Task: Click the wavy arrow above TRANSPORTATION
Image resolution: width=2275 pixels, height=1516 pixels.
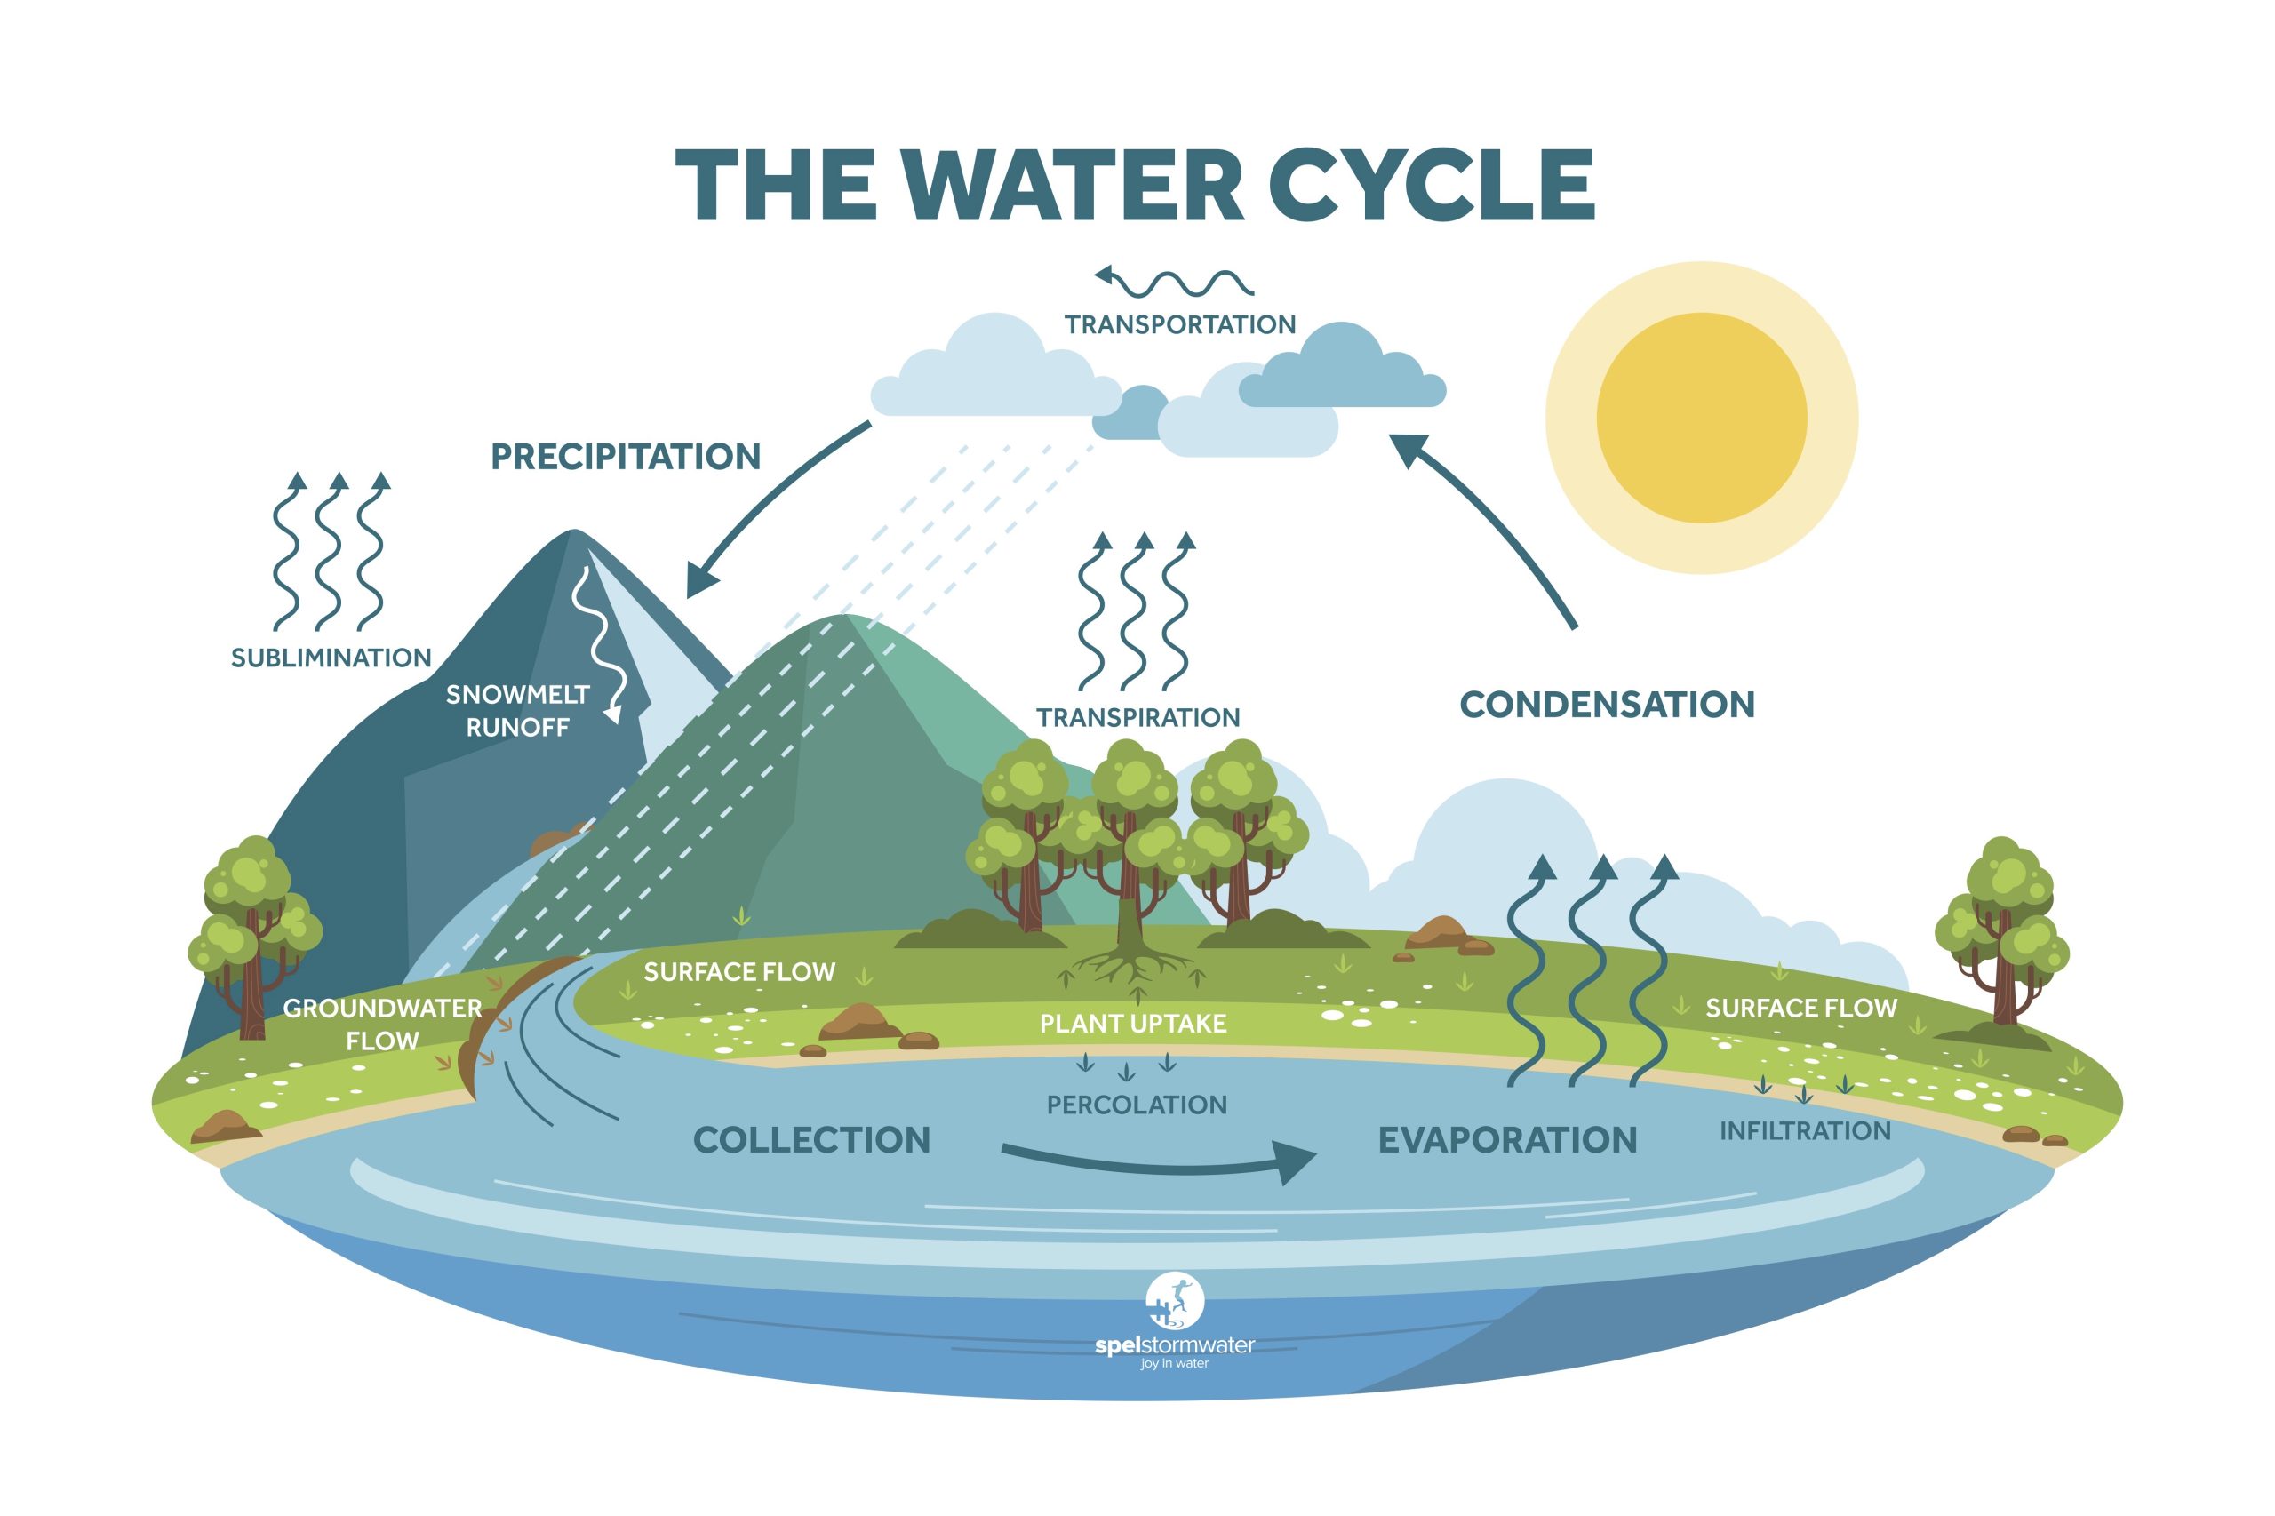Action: [x=1174, y=282]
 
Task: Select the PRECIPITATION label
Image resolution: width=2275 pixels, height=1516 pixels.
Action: [x=626, y=457]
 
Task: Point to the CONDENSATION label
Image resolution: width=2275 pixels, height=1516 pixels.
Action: [x=1606, y=704]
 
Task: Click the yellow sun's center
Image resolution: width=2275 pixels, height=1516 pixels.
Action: [x=1701, y=418]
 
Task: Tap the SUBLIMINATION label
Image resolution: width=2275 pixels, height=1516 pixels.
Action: [x=331, y=658]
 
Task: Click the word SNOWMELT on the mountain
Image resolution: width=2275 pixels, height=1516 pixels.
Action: [x=517, y=694]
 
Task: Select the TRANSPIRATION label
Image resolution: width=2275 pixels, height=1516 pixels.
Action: [x=1138, y=717]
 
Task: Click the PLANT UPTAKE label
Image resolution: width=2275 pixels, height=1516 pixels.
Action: [x=1132, y=1023]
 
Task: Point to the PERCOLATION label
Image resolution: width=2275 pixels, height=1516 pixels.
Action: [x=1136, y=1105]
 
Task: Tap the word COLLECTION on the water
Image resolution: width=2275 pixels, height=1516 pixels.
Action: [x=811, y=1140]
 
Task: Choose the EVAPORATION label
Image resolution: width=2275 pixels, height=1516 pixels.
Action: [x=1506, y=1140]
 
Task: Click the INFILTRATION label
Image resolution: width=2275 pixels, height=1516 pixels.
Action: [x=1804, y=1130]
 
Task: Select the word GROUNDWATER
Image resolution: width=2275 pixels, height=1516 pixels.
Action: [x=382, y=1009]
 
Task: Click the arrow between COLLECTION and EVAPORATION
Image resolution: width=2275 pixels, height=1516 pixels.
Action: [x=1161, y=1162]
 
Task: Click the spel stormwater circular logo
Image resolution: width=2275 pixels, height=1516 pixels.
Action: [x=1174, y=1300]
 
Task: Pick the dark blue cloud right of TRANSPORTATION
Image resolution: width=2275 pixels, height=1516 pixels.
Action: [x=1344, y=372]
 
